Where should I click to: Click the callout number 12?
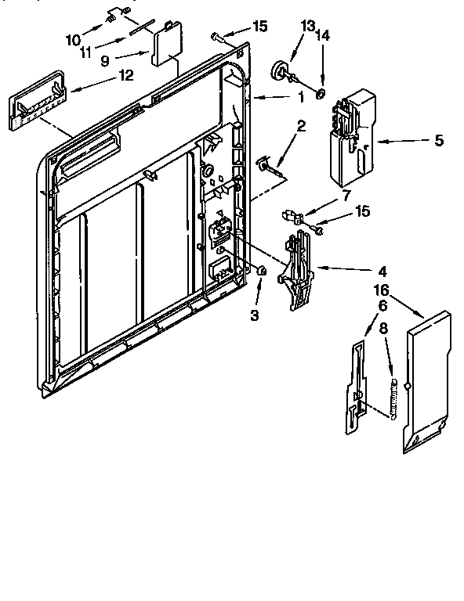125,76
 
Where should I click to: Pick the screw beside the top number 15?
218,35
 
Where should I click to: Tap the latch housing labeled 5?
351,133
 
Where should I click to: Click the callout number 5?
438,141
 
